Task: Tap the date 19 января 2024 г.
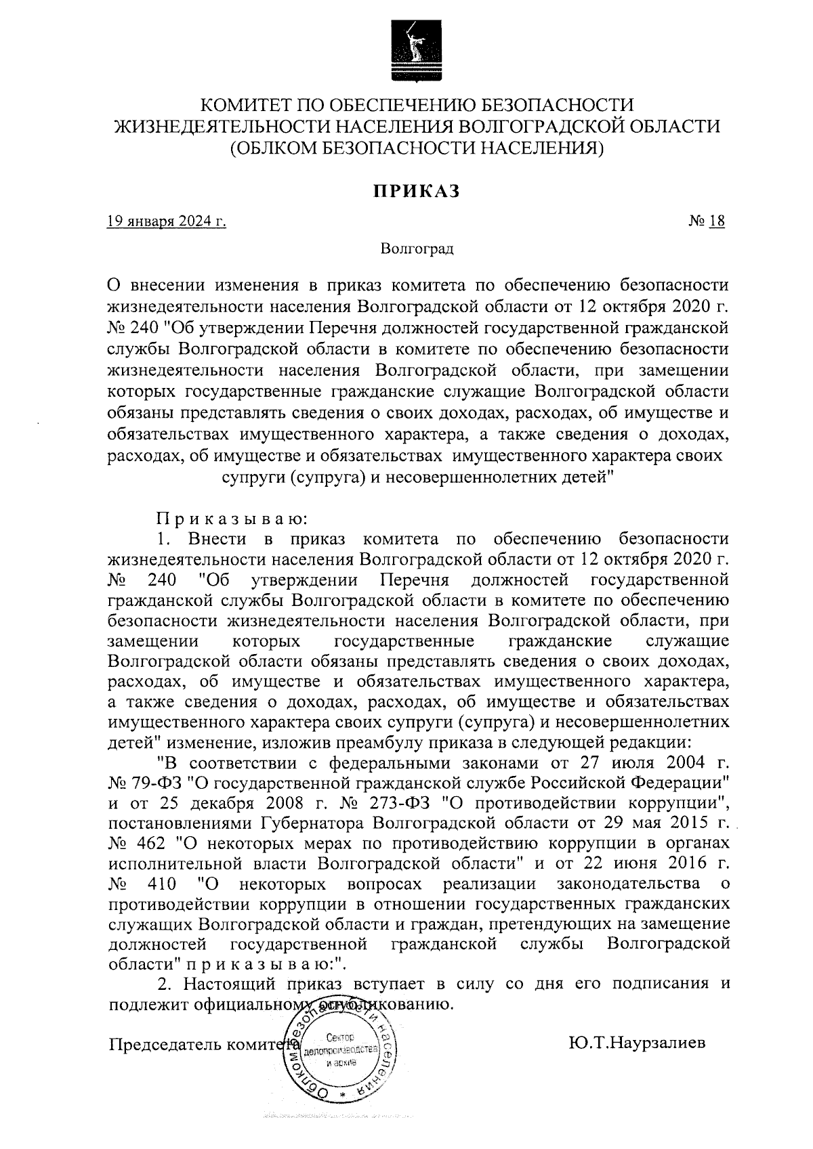(x=166, y=221)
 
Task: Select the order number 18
(x=717, y=221)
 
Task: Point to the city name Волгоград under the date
(x=416, y=249)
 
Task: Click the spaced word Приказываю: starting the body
(x=232, y=519)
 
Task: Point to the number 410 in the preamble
(x=161, y=884)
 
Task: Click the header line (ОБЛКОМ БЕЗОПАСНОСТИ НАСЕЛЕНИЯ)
(x=415, y=146)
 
